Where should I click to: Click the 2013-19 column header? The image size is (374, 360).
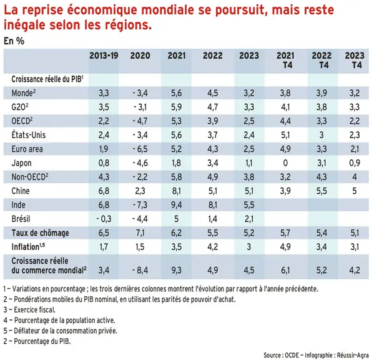tap(104, 56)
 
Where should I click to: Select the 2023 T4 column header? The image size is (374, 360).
tap(355, 60)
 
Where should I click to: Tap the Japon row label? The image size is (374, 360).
tap(21, 163)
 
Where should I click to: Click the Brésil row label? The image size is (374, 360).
tap(21, 219)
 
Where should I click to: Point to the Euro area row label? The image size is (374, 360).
tap(27, 149)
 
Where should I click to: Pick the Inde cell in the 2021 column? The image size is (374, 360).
tap(177, 205)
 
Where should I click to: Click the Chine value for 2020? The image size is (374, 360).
tap(140, 191)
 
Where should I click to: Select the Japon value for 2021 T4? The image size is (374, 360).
tap(285, 163)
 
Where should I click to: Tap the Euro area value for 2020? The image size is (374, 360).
tap(140, 149)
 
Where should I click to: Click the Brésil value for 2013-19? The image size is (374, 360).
tap(104, 219)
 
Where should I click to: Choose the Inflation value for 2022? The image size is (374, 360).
tap(212, 247)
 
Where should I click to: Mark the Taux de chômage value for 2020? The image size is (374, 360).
tap(140, 232)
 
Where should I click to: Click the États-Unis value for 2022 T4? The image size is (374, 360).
tap(322, 135)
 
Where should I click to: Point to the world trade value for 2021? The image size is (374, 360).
tap(177, 270)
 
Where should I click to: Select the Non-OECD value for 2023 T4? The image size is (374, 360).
tap(355, 177)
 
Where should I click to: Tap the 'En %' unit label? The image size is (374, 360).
tap(14, 41)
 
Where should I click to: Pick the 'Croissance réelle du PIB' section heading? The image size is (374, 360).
tap(47, 79)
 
